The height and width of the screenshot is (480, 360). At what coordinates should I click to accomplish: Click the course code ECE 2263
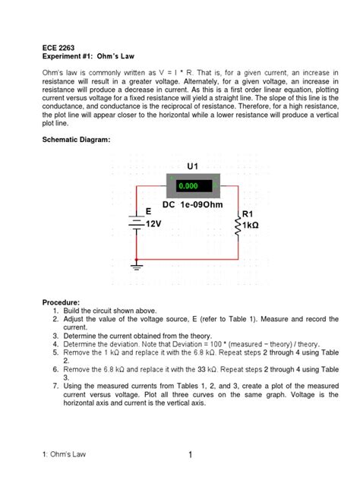click(58, 47)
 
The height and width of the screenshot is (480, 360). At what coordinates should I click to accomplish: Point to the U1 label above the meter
click(191, 165)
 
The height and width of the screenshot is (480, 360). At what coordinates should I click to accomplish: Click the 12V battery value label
click(154, 225)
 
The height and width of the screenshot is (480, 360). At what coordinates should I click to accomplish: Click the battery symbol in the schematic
click(137, 223)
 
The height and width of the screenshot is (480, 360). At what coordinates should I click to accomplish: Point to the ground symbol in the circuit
click(137, 266)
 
